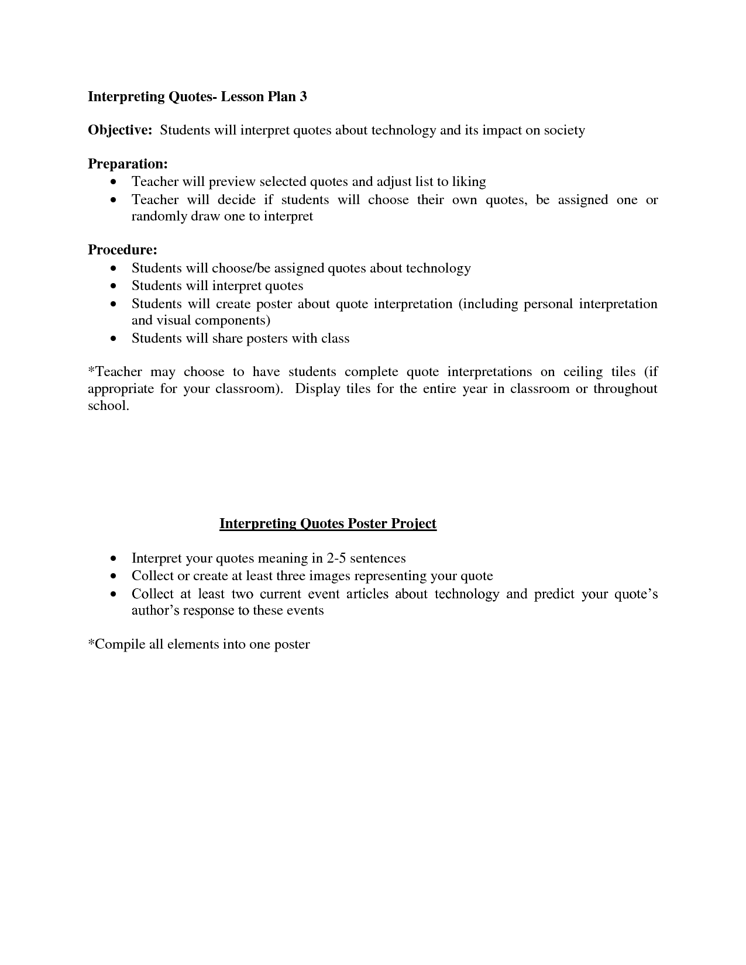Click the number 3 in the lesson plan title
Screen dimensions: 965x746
(x=303, y=96)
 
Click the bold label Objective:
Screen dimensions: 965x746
(x=120, y=130)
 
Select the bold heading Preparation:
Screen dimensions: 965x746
(x=128, y=164)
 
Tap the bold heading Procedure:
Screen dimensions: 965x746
(x=122, y=250)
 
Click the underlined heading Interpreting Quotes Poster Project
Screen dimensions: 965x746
(x=328, y=523)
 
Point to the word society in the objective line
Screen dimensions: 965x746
(x=564, y=130)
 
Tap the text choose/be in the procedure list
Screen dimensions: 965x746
(x=240, y=268)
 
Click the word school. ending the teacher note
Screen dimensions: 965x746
(x=108, y=406)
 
